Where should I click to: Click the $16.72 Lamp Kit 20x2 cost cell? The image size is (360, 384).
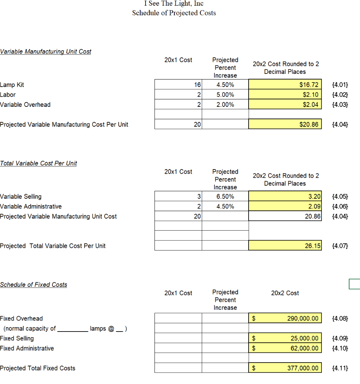click(285, 85)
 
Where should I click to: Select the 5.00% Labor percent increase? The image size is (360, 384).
click(225, 95)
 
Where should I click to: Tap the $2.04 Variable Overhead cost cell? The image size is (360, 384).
click(285, 105)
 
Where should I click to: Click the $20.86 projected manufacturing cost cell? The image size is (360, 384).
click(285, 124)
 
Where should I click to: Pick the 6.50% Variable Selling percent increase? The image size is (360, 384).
click(225, 196)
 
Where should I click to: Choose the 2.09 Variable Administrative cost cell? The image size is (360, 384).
click(285, 206)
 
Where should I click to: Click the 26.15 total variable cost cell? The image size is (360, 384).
click(285, 246)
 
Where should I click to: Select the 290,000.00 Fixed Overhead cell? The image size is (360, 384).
click(285, 318)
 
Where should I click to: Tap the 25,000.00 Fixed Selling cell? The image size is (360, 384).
click(285, 338)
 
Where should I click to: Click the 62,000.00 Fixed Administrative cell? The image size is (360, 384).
click(285, 348)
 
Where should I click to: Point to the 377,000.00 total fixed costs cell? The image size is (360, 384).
click(285, 368)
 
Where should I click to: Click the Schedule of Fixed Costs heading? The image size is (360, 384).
click(34, 285)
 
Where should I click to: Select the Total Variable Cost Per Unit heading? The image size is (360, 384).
click(39, 163)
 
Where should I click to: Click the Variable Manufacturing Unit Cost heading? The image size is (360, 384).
click(46, 51)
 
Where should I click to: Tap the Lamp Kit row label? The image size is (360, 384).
click(12, 85)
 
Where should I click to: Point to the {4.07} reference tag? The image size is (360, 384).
click(340, 246)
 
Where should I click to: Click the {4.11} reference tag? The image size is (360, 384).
click(340, 368)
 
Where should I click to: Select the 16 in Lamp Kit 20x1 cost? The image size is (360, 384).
click(198, 85)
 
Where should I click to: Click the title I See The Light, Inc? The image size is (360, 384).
click(174, 3)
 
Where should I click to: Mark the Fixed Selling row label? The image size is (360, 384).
click(17, 338)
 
